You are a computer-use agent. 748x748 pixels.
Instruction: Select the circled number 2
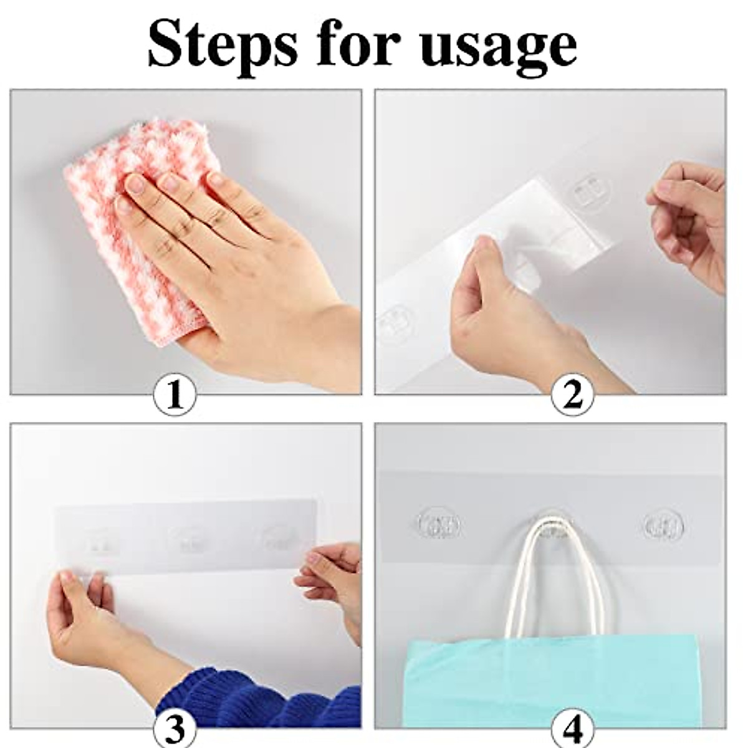[572, 396]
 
